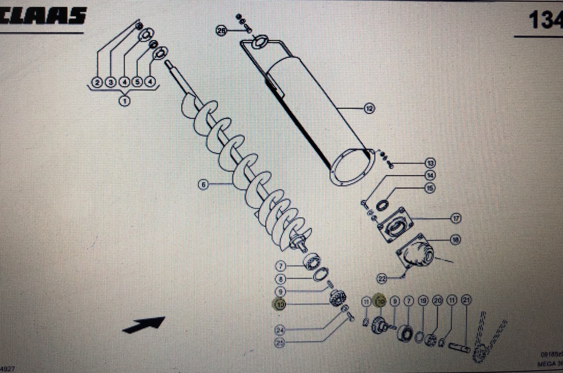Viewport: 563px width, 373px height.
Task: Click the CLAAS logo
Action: click(43, 16)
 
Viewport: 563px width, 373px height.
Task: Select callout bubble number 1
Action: click(125, 102)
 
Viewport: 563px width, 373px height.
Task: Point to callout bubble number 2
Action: click(97, 82)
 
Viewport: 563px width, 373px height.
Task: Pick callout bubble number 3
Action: click(111, 82)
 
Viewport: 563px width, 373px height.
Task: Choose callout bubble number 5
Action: click(137, 82)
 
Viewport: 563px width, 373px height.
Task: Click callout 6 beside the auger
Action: click(203, 185)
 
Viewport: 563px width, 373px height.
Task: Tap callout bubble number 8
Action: click(282, 279)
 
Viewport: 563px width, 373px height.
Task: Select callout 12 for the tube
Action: click(369, 108)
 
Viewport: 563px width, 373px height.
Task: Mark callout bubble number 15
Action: click(430, 188)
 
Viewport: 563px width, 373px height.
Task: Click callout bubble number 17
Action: click(456, 219)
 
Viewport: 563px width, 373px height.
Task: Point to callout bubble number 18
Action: click(455, 239)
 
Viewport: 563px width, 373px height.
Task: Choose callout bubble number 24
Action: click(280, 331)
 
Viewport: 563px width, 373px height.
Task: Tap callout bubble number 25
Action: click(280, 343)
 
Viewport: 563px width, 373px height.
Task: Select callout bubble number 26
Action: click(222, 31)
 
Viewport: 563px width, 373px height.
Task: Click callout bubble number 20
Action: click(437, 301)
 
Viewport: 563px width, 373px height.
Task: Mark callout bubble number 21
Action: click(466, 301)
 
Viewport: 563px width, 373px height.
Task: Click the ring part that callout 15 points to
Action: click(382, 205)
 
